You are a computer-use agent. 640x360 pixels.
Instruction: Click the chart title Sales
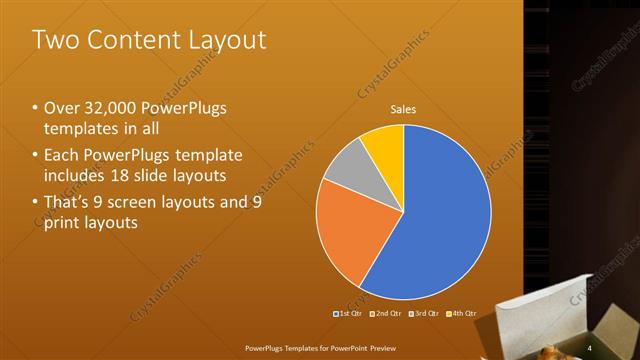[x=403, y=109]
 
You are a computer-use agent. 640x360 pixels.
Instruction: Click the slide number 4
[x=590, y=347]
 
